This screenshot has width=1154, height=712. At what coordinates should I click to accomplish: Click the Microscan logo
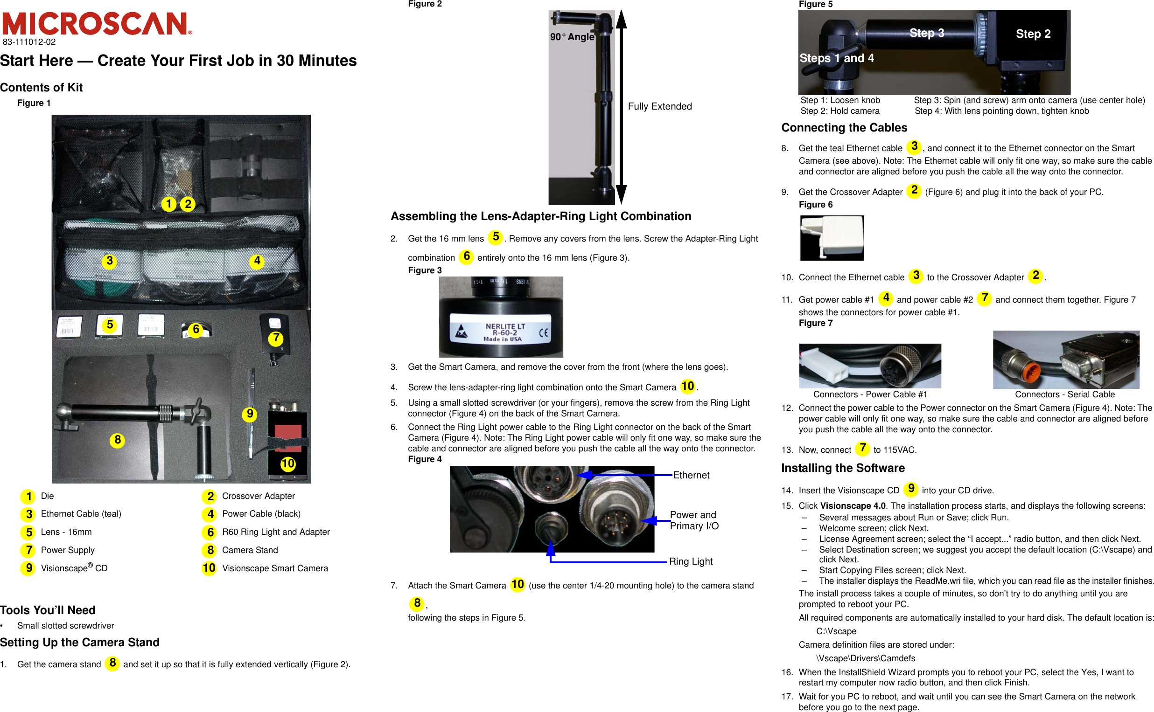pyautogui.click(x=97, y=23)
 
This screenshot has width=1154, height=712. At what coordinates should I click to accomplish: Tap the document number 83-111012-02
pyautogui.click(x=29, y=42)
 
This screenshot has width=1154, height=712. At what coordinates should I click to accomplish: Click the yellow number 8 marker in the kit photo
pyautogui.click(x=117, y=440)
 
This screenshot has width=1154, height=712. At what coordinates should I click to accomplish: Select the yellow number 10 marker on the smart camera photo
pyautogui.click(x=287, y=464)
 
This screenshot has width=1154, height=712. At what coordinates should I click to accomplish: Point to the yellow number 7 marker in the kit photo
pyautogui.click(x=276, y=338)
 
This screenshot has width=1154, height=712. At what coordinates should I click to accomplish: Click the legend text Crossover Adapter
pyautogui.click(x=258, y=496)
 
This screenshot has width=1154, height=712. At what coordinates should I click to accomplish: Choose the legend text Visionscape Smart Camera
pyautogui.click(x=275, y=568)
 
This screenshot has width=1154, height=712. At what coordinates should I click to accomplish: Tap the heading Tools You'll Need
pyautogui.click(x=48, y=610)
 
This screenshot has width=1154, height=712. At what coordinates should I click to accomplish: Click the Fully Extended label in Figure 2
pyautogui.click(x=660, y=106)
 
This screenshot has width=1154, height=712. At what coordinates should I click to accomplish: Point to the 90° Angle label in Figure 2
pyautogui.click(x=572, y=37)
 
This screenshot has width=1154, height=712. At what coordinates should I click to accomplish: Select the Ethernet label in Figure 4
pyautogui.click(x=691, y=475)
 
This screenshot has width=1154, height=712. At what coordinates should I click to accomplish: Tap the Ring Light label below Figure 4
pyautogui.click(x=691, y=561)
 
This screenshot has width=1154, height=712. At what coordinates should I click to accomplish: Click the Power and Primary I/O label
pyautogui.click(x=693, y=520)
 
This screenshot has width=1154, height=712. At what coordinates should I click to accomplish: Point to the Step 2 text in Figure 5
pyautogui.click(x=1033, y=34)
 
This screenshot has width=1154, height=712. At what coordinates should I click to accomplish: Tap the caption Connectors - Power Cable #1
pyautogui.click(x=870, y=394)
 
